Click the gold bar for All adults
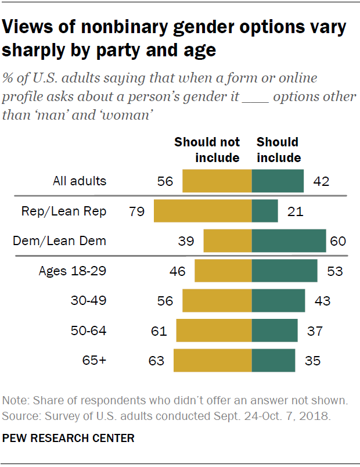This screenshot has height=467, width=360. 217,181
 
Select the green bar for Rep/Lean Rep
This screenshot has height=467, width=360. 265,211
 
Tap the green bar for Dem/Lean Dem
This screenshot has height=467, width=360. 289,240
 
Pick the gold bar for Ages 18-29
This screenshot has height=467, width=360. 223,271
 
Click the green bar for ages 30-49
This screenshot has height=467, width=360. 278,301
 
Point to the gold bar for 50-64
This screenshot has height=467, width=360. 214,331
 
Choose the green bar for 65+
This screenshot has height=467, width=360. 273,361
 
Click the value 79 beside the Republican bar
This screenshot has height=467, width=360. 136,211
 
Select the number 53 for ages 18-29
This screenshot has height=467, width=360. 334,271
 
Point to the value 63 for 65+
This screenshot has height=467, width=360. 156,361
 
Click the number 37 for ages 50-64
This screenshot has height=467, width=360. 315,331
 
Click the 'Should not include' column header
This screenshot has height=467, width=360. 207,149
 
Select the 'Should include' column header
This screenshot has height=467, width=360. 278,149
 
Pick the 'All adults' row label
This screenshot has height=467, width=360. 79,181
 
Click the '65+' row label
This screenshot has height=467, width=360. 95,361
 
